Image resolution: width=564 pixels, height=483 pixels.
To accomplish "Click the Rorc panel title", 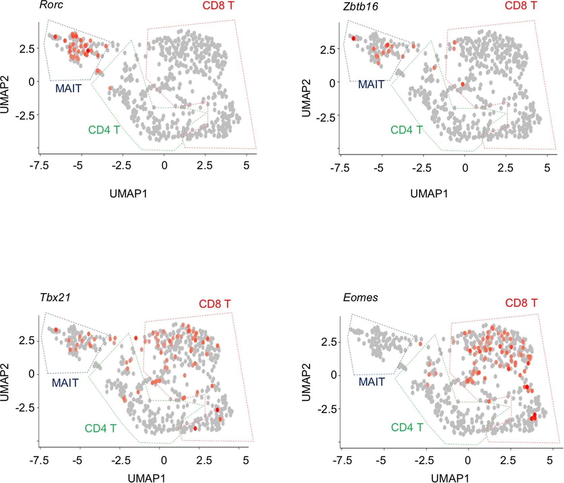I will [x=51, y=5].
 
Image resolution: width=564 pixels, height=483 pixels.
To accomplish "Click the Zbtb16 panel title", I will [x=360, y=6].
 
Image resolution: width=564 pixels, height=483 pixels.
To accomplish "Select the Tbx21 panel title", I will [x=55, y=297].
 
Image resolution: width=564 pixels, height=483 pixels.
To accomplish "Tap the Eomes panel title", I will [x=360, y=297].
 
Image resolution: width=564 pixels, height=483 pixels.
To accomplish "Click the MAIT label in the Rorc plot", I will [x=68, y=88].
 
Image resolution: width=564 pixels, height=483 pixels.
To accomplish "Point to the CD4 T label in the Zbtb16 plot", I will [x=406, y=130].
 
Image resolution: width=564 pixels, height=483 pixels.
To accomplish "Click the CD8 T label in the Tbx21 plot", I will [x=215, y=304].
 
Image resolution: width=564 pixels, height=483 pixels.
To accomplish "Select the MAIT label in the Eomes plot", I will [x=372, y=382].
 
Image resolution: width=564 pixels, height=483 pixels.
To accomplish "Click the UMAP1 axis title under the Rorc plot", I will [x=128, y=194].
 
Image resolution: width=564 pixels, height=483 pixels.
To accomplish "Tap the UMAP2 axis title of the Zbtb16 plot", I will [x=306, y=98].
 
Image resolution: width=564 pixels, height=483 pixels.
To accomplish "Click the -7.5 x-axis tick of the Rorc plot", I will [x=39, y=166].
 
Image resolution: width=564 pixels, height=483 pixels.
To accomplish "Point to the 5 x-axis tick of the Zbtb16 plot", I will [x=547, y=168].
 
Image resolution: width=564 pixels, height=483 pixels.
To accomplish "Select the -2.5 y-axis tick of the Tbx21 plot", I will [x=25, y=408].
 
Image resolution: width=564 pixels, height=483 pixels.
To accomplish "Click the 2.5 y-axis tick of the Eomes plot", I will [x=329, y=342].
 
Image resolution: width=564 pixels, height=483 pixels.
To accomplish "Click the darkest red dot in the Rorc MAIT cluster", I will [x=88, y=51].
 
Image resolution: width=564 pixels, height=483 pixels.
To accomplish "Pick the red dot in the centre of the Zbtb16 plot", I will [x=463, y=84].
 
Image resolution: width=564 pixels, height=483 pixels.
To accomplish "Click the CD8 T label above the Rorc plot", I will [x=218, y=6].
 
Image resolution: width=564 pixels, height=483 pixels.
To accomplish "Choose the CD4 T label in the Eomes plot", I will [x=407, y=427].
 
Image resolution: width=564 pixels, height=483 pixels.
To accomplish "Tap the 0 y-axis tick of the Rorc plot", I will [x=31, y=82].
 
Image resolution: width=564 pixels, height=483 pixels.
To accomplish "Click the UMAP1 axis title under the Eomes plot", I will [x=450, y=478].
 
